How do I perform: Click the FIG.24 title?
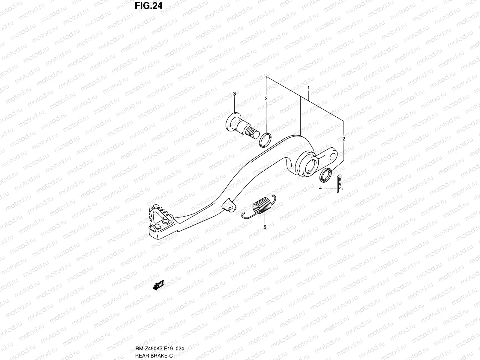pyautogui.click(x=148, y=6)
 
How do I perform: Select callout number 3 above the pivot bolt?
pyautogui.click(x=235, y=94)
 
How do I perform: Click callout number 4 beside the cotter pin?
pyautogui.click(x=320, y=188)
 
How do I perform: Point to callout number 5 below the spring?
pyautogui.click(x=265, y=227)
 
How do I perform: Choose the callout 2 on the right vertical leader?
pyautogui.click(x=343, y=139)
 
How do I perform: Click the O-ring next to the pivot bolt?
pyautogui.click(x=265, y=140)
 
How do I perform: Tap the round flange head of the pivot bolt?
pyautogui.click(x=231, y=121)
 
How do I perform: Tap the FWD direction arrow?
pyautogui.click(x=159, y=285)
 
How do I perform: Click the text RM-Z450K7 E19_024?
pyautogui.click(x=157, y=349)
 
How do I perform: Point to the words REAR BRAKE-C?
pyautogui.click(x=152, y=355)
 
